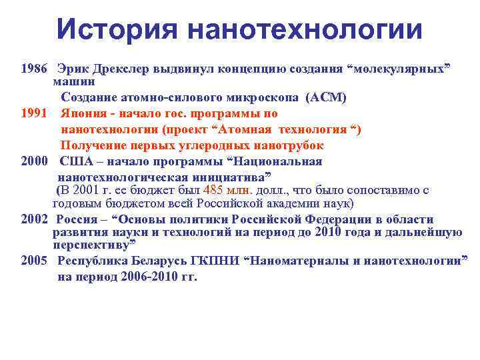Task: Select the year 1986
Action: tap(34, 69)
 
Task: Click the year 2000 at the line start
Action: tap(34, 161)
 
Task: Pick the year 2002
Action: tap(34, 219)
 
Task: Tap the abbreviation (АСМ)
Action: tap(325, 97)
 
